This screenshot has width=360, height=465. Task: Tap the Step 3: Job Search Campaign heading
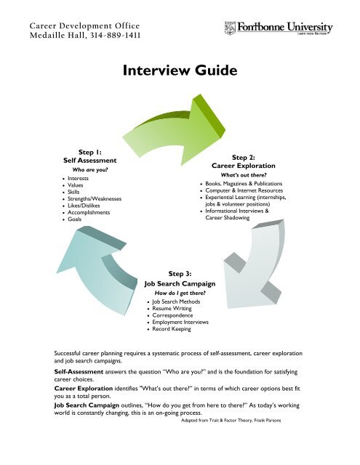tap(178, 279)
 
